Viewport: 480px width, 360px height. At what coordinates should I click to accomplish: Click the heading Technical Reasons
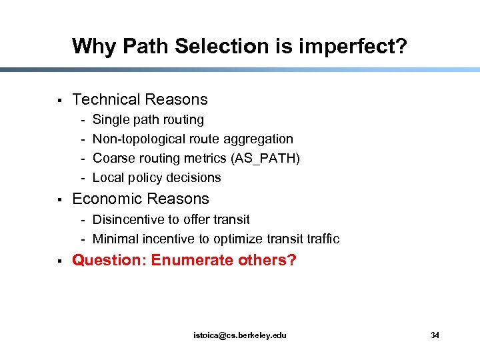(140, 100)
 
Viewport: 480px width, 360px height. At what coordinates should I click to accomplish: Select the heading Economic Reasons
(141, 199)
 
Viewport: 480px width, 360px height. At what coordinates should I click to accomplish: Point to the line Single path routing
(148, 120)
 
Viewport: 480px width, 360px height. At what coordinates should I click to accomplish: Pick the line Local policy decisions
(157, 178)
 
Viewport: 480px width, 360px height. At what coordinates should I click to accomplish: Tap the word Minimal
(115, 239)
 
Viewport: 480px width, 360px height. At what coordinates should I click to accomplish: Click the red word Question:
(109, 260)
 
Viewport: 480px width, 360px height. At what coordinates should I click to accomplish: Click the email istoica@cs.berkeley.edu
(239, 335)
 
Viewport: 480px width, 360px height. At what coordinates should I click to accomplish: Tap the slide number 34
(435, 335)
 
